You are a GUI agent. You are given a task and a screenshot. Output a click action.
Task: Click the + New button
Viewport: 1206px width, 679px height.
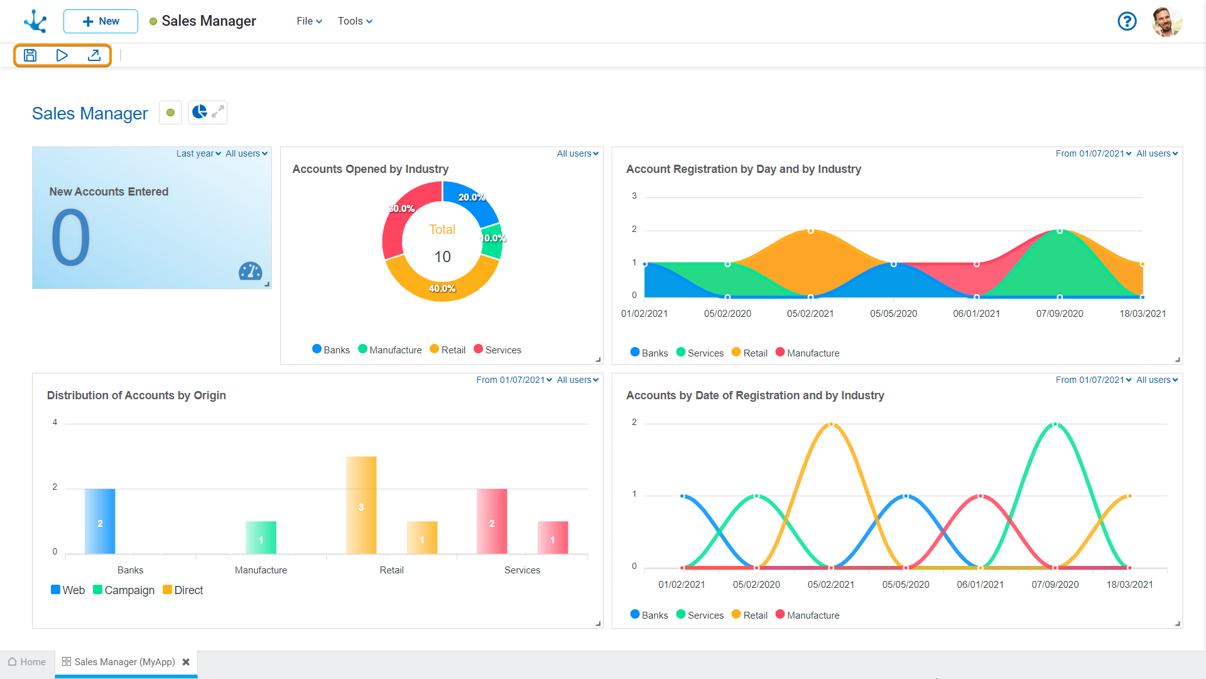coord(100,21)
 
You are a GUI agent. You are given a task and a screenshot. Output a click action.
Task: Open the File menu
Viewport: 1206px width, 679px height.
coord(309,21)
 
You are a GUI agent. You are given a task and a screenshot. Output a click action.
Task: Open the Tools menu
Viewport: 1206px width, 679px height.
coord(355,21)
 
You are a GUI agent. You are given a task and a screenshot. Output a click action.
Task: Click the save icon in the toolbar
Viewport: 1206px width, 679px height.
coord(30,55)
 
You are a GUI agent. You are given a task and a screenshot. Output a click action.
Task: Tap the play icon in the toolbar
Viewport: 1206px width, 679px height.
coord(62,55)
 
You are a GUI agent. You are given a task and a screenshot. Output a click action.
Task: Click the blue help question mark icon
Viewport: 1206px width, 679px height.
coord(1127,21)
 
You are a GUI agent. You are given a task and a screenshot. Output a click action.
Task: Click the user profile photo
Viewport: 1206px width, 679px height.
coord(1166,21)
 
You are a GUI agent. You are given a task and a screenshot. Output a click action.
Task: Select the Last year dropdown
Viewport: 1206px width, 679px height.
coord(198,153)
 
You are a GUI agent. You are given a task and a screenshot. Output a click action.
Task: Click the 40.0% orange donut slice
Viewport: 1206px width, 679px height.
coord(442,286)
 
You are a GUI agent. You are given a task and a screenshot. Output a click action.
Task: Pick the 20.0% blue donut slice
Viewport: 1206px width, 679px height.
coord(470,200)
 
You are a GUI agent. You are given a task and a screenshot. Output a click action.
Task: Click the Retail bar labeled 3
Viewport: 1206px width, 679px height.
coord(361,505)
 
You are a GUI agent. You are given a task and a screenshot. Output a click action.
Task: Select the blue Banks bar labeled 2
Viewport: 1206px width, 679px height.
coord(100,521)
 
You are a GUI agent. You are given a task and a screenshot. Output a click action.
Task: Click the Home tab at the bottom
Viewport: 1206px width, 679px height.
coord(27,662)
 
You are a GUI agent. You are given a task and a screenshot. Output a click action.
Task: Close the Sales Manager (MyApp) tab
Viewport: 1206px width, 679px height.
coord(186,662)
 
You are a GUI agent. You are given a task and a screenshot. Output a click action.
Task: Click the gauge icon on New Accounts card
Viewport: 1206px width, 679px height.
coord(250,271)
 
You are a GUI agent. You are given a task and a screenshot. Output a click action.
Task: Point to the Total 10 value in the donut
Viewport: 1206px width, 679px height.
coord(442,257)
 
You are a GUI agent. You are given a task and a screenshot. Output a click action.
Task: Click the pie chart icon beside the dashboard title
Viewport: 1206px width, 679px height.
coord(200,113)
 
